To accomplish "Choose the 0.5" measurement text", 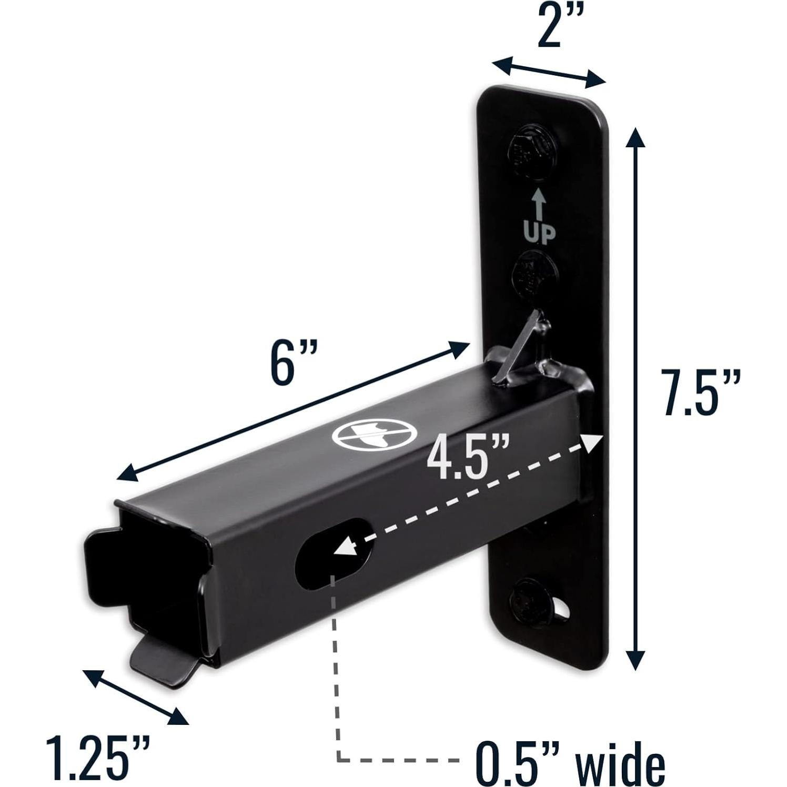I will coord(524,762).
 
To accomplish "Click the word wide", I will coord(621,762).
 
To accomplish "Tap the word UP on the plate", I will coord(539,231).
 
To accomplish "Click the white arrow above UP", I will coord(538,204).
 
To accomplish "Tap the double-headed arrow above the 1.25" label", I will coord(136,697).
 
